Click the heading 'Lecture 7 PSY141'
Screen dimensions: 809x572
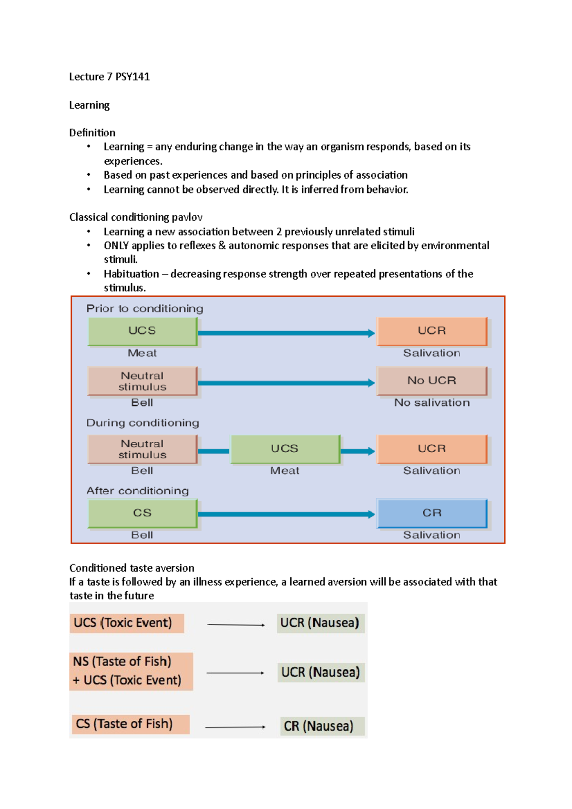click(x=109, y=77)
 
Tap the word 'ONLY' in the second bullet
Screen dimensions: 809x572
click(x=116, y=246)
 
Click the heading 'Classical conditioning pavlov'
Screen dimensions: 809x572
click(x=136, y=217)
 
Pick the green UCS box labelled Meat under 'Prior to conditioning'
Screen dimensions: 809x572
click(x=142, y=331)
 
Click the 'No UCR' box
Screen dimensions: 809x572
click(x=431, y=381)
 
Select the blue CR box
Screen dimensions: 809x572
click(x=431, y=513)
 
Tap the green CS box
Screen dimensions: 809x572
click(x=142, y=513)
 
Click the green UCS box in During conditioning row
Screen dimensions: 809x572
click(x=285, y=449)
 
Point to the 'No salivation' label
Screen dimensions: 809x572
click(x=431, y=403)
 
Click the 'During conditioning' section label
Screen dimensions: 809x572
click(x=143, y=423)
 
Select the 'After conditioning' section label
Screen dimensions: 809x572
click(x=137, y=491)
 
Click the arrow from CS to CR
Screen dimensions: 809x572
click(x=286, y=514)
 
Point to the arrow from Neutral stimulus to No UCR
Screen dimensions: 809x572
click(x=286, y=383)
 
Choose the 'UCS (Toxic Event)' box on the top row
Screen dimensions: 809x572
click(x=127, y=623)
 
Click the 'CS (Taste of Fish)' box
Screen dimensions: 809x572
click(x=130, y=724)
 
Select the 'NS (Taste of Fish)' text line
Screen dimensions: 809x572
click(x=122, y=662)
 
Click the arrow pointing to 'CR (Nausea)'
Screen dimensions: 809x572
click(x=235, y=727)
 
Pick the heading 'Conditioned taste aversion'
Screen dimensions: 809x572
click(x=132, y=568)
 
